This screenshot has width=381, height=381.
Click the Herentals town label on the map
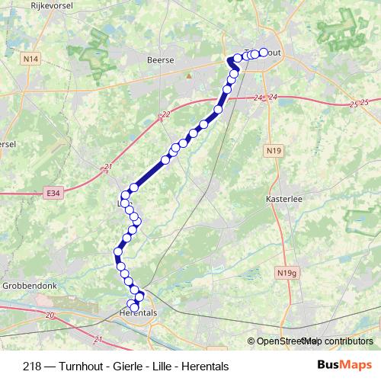point(138,312)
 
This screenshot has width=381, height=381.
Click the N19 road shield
point(274,151)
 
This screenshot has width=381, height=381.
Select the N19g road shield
point(287,272)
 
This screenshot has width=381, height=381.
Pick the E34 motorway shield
point(53,193)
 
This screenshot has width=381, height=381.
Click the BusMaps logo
point(344,365)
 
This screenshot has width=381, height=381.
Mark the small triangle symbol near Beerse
point(187,75)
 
